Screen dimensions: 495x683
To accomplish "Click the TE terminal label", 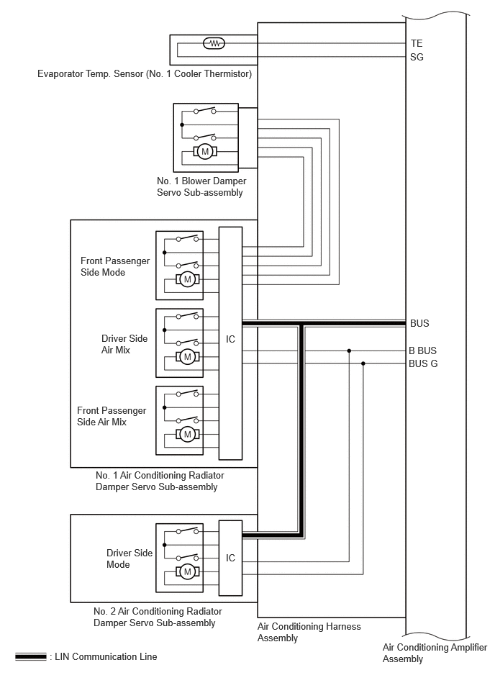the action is point(417,43).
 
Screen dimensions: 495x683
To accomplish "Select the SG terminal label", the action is point(417,57).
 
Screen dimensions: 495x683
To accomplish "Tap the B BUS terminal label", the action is point(423,350).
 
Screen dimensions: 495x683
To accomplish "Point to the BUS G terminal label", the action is point(423,363).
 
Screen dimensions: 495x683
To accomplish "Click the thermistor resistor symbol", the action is point(214,43).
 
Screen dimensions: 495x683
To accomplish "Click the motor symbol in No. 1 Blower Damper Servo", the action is point(205,152).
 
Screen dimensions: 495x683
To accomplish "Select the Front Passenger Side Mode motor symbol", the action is point(188,279).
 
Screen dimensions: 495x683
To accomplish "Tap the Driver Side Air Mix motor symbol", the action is point(188,357).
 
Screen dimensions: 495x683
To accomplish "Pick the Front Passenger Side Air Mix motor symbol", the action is point(188,434).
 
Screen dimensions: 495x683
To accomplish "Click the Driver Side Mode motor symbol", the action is point(188,571).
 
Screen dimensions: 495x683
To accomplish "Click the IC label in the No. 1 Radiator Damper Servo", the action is point(230,339).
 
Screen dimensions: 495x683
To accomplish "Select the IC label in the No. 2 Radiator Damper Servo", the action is point(230,558).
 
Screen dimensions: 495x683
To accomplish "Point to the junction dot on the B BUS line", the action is point(349,350).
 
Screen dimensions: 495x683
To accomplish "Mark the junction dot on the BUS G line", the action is point(363,363).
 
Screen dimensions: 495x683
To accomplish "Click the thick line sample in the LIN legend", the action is point(30,656).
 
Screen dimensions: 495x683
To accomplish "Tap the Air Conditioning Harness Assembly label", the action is point(309,632).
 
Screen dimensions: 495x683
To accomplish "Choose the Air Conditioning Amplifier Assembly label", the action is point(435,653).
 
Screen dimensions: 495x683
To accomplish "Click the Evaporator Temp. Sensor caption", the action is point(145,73).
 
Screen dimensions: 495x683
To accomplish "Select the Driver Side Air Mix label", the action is point(124,344).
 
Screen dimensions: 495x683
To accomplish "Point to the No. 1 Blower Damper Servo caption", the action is point(201,186).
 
